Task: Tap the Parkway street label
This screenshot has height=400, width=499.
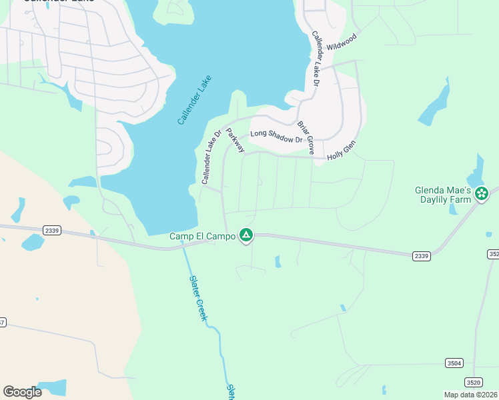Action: point(235,141)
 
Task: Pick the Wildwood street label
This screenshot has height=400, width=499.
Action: point(342,43)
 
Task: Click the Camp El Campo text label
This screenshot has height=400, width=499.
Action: point(203,236)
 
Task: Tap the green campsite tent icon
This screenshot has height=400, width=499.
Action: point(246,235)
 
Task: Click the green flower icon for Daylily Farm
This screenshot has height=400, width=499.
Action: point(482,194)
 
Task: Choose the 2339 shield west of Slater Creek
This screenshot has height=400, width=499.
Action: point(51,231)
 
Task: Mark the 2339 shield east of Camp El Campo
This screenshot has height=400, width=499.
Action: point(421,255)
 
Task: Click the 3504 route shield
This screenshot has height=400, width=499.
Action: point(454,363)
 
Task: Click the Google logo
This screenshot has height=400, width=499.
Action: point(22,391)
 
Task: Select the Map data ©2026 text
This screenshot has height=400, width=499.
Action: point(470,395)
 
